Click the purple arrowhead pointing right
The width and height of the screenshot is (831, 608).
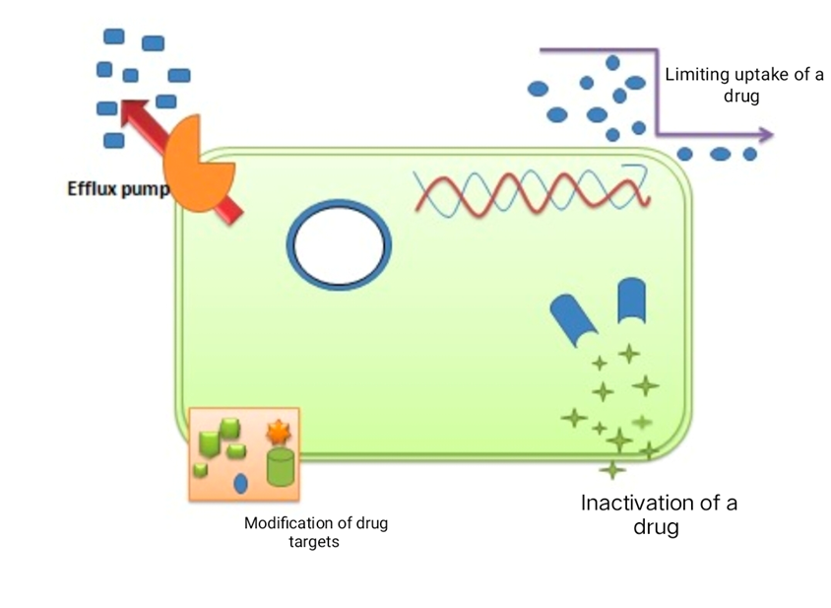(x=765, y=135)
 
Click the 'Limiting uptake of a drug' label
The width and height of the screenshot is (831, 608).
(x=743, y=86)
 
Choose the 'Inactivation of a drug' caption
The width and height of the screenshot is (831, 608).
(x=659, y=514)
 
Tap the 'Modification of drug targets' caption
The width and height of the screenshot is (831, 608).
(x=316, y=532)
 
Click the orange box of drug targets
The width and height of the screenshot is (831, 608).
(x=243, y=454)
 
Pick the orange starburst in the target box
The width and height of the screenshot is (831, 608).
(x=278, y=432)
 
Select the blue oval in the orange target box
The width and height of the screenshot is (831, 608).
(x=240, y=483)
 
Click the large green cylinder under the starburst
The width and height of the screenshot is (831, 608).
(x=281, y=466)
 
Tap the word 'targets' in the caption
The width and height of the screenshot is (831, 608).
(x=316, y=542)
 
